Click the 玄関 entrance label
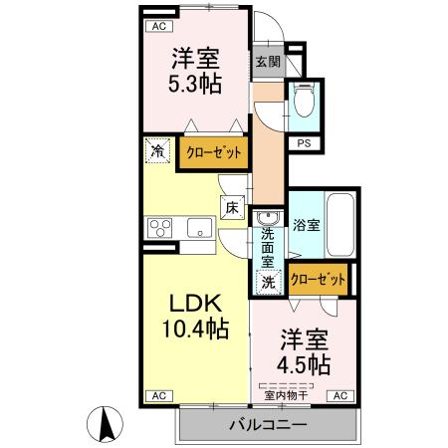267,61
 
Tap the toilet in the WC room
303,101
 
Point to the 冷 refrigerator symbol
158,151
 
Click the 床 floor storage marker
231,208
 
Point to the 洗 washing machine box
268,283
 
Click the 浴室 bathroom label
306,225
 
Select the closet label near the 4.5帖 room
318,280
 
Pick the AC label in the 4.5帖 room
339,395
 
